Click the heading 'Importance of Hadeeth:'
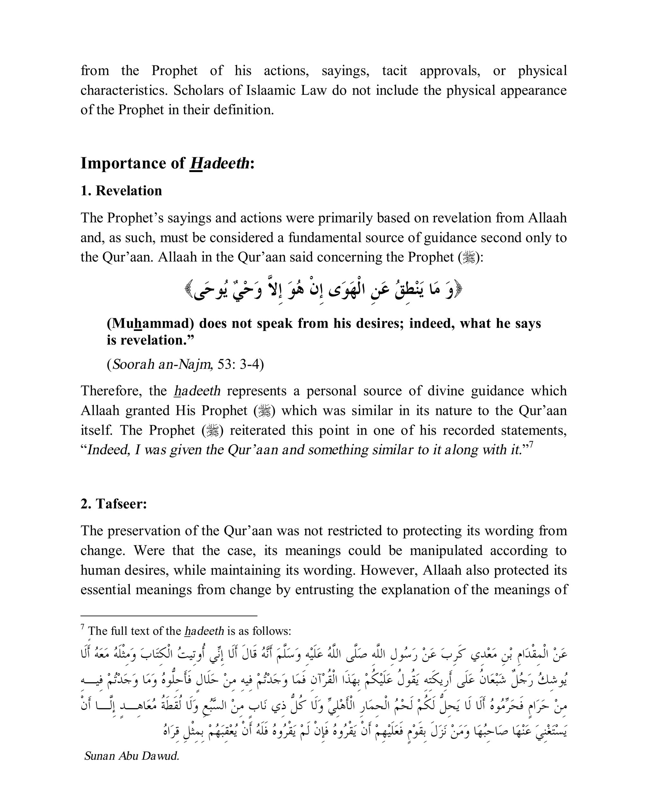167,164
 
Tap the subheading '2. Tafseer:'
113,504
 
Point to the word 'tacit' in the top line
394,71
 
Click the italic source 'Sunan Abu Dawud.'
131,756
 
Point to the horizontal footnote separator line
169,616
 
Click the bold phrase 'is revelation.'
150,340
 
